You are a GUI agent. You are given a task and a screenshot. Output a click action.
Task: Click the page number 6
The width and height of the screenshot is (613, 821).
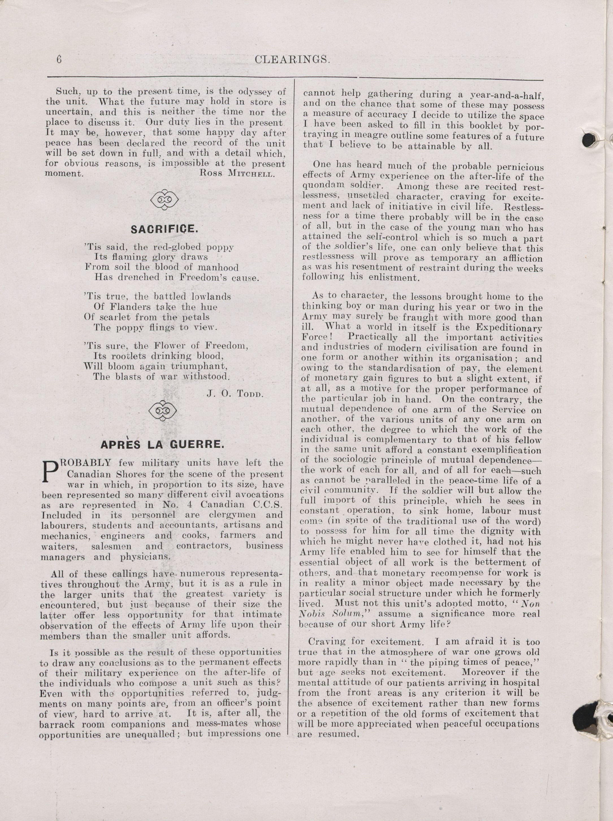(58, 60)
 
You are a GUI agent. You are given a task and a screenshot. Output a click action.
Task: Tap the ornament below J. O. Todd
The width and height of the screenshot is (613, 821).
(162, 411)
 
